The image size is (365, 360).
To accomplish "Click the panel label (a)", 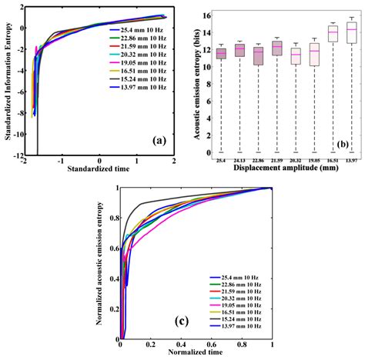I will click(156, 140).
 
